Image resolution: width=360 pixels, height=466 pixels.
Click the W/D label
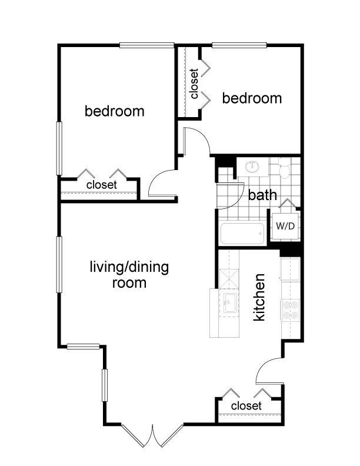pyautogui.click(x=285, y=226)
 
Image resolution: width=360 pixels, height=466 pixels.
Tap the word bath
pyautogui.click(x=262, y=195)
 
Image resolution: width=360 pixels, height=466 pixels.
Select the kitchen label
pyautogui.click(x=259, y=297)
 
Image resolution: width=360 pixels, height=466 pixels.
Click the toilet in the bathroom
pyautogui.click(x=284, y=168)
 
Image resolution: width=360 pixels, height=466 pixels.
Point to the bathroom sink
pyautogui.click(x=252, y=167)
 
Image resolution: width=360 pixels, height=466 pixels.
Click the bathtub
pyautogui.click(x=242, y=234)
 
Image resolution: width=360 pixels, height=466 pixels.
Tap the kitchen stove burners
pyautogui.click(x=290, y=309)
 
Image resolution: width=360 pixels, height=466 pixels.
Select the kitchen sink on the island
pyautogui.click(x=230, y=303)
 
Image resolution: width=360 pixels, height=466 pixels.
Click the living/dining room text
pyautogui.click(x=129, y=275)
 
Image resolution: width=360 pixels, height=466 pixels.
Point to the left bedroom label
pyautogui.click(x=115, y=111)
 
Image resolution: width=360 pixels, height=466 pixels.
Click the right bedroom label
pyautogui.click(x=252, y=98)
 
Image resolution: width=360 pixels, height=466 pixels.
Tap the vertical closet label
pyautogui.click(x=194, y=84)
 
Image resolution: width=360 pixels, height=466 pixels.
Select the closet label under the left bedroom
pyautogui.click(x=102, y=185)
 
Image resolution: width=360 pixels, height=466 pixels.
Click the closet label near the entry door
pyautogui.click(x=246, y=405)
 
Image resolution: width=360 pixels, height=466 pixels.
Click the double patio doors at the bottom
pyautogui.click(x=152, y=435)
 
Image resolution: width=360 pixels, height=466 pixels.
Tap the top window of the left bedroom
pyautogui.click(x=146, y=45)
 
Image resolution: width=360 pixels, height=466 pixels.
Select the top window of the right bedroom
pyautogui.click(x=239, y=45)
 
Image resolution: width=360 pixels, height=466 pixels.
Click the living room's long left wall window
pyautogui.click(x=59, y=265)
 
